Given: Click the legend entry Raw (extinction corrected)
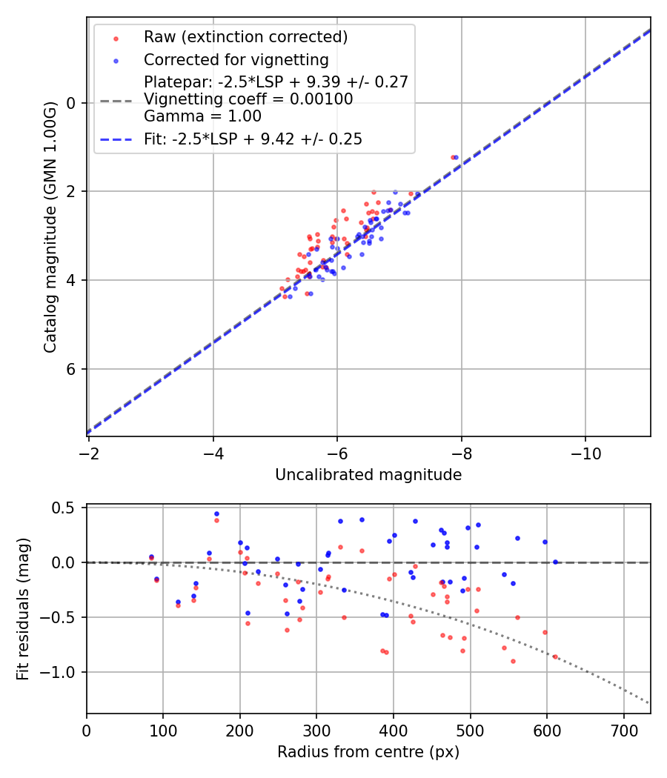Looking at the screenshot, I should (x=245, y=37).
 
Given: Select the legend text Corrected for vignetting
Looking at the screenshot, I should (x=236, y=59).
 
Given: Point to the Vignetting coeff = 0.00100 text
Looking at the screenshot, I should (x=248, y=99).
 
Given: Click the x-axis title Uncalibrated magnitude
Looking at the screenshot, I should (x=368, y=475).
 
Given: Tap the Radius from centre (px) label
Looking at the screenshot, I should (x=368, y=752).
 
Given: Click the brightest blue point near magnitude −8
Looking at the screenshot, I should (x=456, y=157).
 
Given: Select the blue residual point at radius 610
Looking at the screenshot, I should (x=555, y=562).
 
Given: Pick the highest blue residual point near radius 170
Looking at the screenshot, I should (x=216, y=513).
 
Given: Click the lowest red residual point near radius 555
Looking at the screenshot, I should (x=513, y=661).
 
